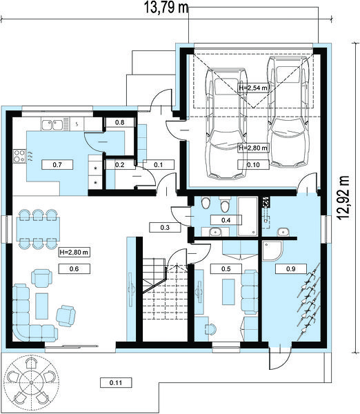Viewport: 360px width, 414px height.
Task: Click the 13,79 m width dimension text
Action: click(x=166, y=7)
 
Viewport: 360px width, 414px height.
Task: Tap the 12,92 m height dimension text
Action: click(x=343, y=197)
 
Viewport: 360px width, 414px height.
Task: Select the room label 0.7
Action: click(x=57, y=165)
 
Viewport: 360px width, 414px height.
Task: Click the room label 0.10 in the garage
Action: click(x=253, y=165)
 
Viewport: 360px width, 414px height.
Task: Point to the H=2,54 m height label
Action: click(x=253, y=88)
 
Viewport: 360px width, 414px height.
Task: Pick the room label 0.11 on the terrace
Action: click(x=116, y=382)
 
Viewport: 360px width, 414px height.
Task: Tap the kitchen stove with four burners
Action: click(x=19, y=156)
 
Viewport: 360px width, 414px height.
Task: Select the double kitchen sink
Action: click(x=52, y=125)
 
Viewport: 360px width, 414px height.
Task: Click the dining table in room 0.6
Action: click(x=38, y=229)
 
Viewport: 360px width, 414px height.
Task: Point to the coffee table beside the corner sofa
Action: click(x=41, y=306)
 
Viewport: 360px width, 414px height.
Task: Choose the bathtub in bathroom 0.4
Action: click(x=248, y=216)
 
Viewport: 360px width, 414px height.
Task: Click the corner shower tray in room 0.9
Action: click(x=272, y=250)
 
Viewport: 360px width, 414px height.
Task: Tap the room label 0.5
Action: click(x=226, y=269)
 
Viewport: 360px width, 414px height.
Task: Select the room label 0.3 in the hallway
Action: click(x=165, y=227)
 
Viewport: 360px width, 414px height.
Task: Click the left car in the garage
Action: click(x=226, y=124)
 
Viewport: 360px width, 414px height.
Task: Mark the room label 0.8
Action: click(x=120, y=122)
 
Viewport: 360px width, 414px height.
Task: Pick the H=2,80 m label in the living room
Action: click(x=74, y=252)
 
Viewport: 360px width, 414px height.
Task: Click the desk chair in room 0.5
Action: click(x=210, y=329)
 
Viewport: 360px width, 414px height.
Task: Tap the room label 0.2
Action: click(x=120, y=165)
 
